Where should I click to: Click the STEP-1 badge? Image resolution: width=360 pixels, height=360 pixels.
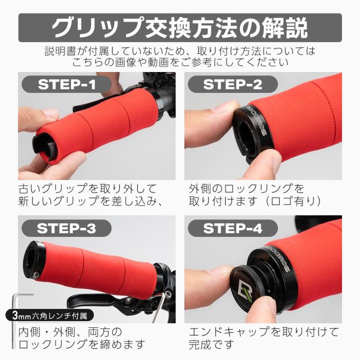point(66,85)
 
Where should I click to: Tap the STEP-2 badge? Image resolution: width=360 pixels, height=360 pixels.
point(232,85)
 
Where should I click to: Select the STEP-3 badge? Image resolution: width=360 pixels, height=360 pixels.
point(66,228)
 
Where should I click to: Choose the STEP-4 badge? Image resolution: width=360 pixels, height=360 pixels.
point(232,228)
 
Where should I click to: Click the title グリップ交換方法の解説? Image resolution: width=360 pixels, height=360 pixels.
point(180,27)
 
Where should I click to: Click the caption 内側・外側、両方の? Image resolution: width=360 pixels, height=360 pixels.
point(70,331)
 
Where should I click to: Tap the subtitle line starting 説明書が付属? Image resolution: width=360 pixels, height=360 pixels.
point(180,51)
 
